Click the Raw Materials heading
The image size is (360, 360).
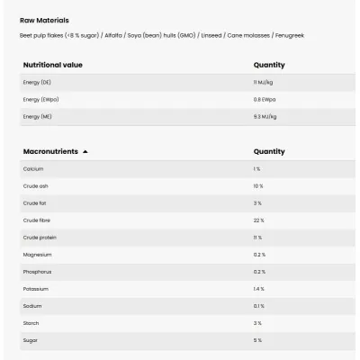44,20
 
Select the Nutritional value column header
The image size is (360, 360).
53,65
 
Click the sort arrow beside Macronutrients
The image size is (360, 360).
85,152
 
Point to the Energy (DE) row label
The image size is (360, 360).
37,82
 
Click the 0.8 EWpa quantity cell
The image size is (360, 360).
264,99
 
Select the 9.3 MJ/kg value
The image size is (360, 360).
265,116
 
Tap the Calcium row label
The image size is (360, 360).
33,168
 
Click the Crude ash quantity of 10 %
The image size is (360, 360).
258,185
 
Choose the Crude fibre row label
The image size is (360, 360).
37,220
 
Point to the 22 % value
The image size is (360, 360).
258,220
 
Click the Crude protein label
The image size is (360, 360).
39,237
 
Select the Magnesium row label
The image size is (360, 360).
38,254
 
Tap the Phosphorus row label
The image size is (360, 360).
38,271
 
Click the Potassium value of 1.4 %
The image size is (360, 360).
259,288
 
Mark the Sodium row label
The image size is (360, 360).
32,305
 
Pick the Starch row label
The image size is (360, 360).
31,322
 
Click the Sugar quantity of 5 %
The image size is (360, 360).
257,339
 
